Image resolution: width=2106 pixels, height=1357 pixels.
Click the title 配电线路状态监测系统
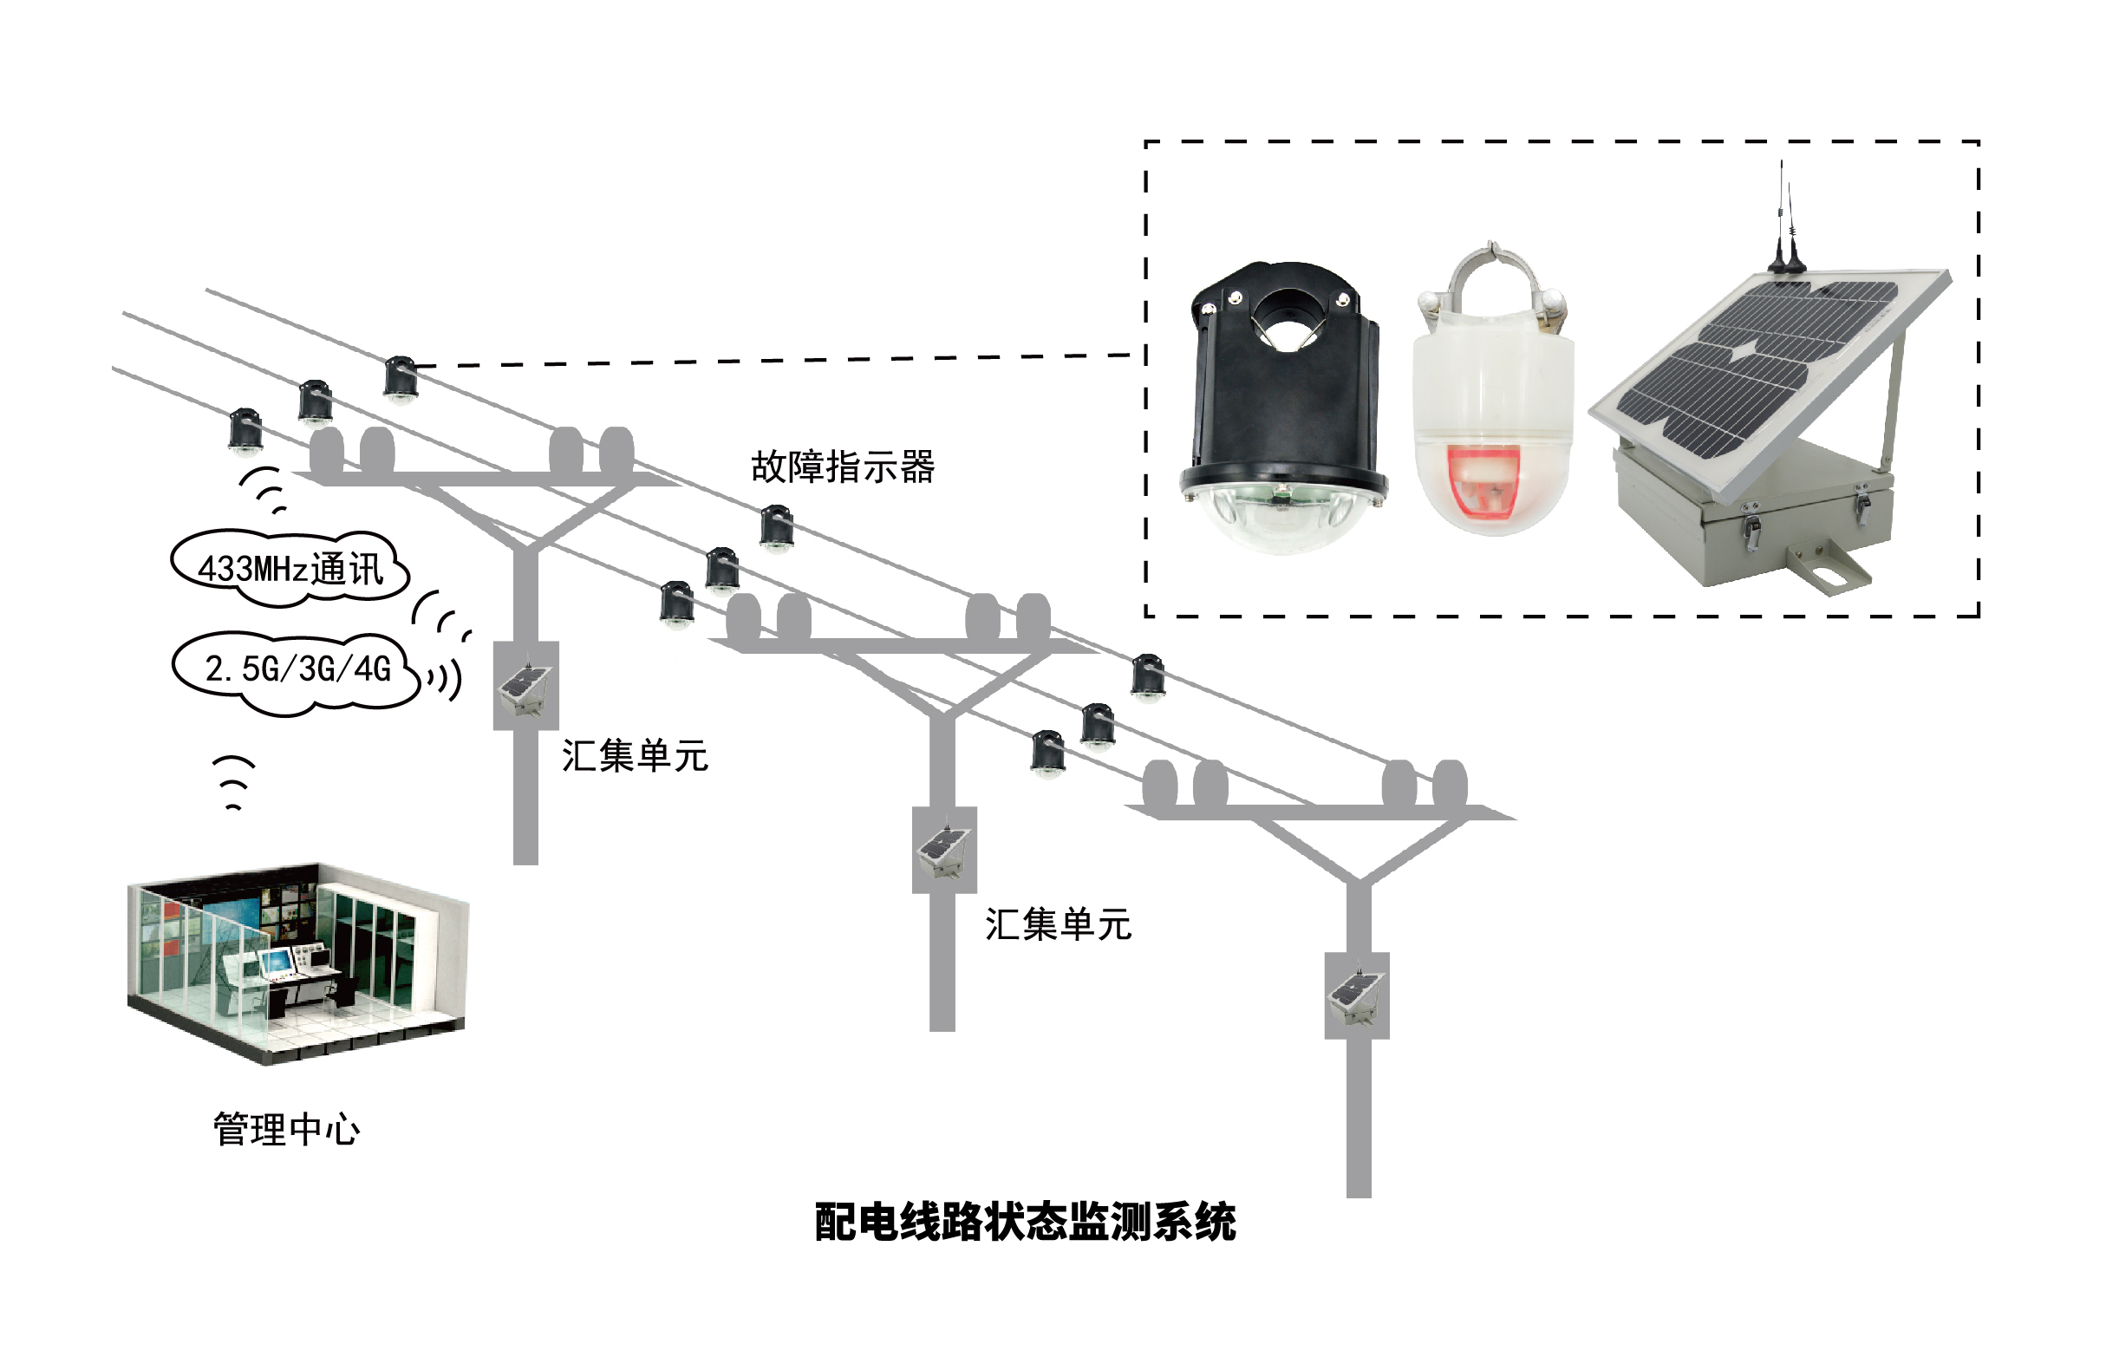coord(1025,1223)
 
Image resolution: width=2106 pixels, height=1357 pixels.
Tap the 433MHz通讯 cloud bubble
coord(290,569)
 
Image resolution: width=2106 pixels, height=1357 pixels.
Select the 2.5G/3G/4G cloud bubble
coord(297,669)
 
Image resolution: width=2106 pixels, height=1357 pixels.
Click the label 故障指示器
coord(843,467)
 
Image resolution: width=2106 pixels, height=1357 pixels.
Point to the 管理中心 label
coord(286,1130)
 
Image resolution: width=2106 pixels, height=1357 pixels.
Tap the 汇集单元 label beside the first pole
coord(635,756)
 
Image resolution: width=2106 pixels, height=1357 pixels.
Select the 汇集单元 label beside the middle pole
coord(1058,924)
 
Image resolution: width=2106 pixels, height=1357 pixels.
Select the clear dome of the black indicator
coord(1283,520)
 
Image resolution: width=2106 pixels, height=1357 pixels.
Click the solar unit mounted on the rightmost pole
coord(1356,995)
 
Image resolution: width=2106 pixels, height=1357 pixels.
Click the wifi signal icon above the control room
coord(234,782)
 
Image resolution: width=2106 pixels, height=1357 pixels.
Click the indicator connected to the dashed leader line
coord(400,379)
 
